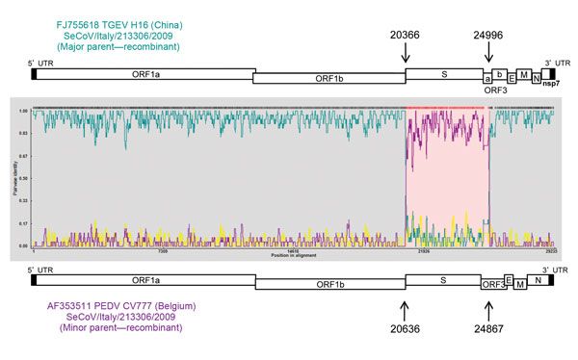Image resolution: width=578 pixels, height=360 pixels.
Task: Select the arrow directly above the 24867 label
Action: click(488, 309)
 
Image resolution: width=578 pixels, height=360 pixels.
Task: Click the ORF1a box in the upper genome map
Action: click(144, 73)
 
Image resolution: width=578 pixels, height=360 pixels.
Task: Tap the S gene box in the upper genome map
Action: click(443, 73)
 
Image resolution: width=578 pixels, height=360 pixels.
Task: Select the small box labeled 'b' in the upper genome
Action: click(500, 73)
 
